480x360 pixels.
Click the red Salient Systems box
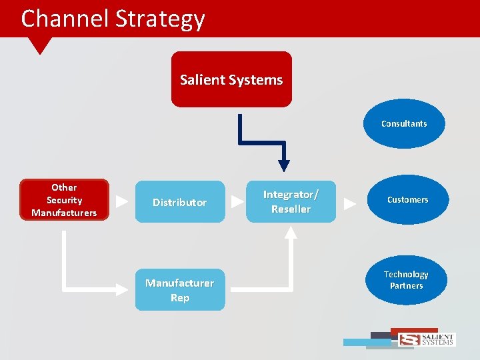pos(231,79)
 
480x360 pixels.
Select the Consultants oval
pos(404,123)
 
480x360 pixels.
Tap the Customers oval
pos(407,200)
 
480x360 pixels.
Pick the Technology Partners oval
pos(406,280)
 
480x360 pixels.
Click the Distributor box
pos(180,201)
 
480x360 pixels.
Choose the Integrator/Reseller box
pos(291,201)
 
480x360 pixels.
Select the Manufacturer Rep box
pos(180,290)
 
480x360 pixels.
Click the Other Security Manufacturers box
pos(64,199)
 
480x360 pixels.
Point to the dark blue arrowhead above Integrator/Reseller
pos(284,165)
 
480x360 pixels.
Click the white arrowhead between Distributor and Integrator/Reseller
pos(237,201)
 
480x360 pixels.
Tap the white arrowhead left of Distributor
pos(122,201)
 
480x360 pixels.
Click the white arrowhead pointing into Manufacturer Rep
pos(121,289)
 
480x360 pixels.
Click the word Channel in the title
pos(65,18)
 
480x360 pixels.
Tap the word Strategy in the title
pos(160,19)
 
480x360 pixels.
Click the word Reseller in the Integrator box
pos(291,209)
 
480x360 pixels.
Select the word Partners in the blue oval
pos(407,286)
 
